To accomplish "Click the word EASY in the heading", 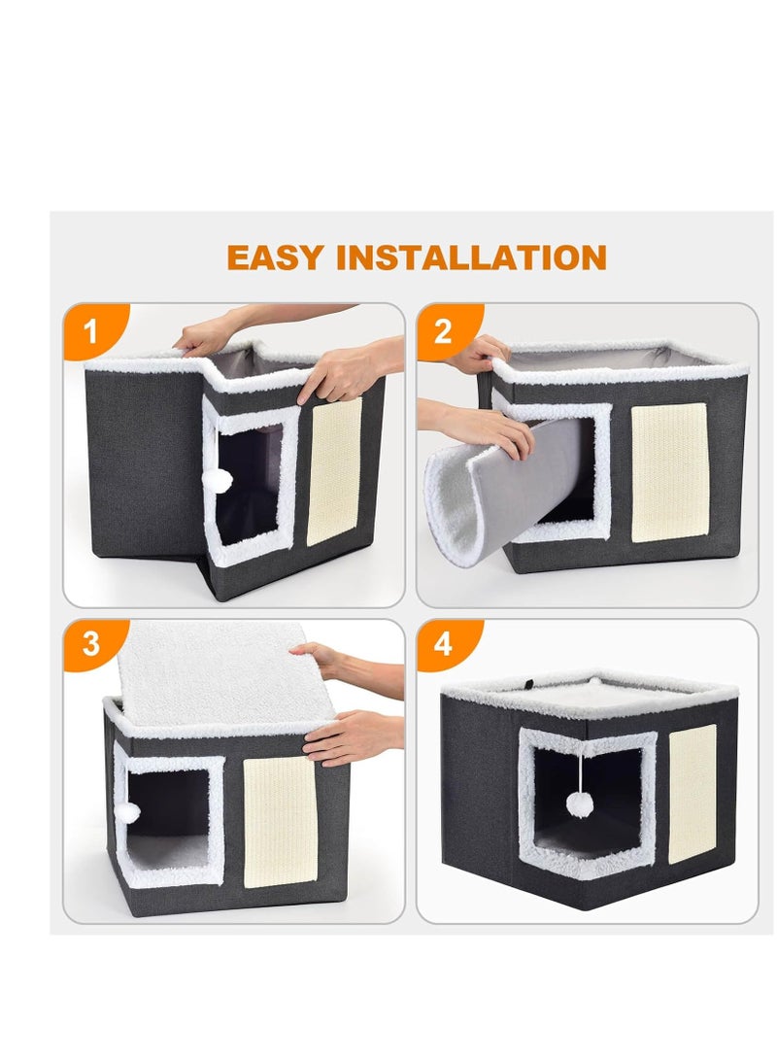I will click(x=276, y=257).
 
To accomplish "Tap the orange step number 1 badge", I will click(x=90, y=331).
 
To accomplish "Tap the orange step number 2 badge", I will click(x=443, y=331).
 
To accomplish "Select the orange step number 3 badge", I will click(x=90, y=644).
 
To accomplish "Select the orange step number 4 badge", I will click(x=443, y=644).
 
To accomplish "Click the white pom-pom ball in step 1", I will click(x=222, y=479).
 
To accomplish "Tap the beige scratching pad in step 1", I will click(x=334, y=470).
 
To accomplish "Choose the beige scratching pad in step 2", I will click(x=669, y=472).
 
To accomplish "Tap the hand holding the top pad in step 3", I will click(x=325, y=661).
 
